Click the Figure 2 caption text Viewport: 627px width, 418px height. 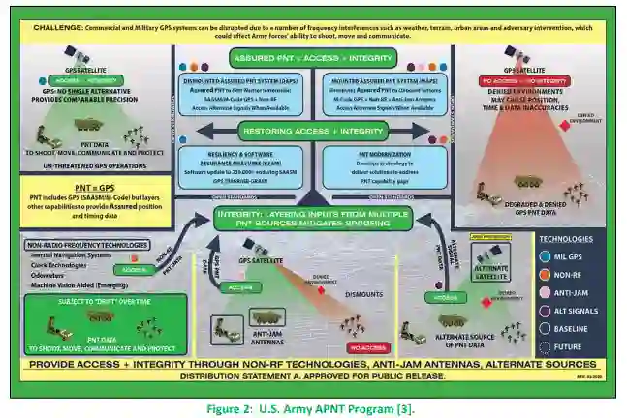click(314, 409)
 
